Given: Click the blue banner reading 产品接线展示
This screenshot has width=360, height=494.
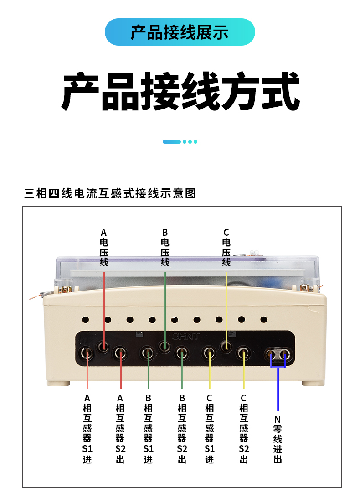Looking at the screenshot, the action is point(180,32).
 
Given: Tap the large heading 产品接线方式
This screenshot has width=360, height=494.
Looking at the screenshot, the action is point(180,91).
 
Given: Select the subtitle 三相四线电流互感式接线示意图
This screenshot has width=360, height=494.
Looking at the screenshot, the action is point(110,193).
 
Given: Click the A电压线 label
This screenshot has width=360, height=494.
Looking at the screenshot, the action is point(104,248).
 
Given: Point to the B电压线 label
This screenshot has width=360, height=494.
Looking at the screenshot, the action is point(165,248).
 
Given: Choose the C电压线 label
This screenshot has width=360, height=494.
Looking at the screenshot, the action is point(226,248).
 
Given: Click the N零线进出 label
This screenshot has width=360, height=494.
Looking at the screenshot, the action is point(278,439).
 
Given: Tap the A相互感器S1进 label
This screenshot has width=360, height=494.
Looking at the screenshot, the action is point(87,429).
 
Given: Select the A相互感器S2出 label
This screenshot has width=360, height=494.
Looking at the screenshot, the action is point(120,429).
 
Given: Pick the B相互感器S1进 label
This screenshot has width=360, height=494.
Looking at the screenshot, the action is point(148,429).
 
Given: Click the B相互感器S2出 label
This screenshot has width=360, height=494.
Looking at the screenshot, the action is point(182,429).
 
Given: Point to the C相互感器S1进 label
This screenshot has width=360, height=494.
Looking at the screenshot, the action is point(210,429).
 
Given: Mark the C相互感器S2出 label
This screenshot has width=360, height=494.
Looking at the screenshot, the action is point(243,429).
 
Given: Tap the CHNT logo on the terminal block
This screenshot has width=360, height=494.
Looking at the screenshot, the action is point(186,336).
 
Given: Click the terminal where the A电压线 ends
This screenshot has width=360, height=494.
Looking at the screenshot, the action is point(103,347).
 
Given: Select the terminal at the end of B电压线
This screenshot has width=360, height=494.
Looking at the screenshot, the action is point(164,347).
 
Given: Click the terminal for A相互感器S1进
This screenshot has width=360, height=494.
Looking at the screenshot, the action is point(86,354).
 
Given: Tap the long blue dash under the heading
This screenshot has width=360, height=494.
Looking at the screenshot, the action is point(171,142).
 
